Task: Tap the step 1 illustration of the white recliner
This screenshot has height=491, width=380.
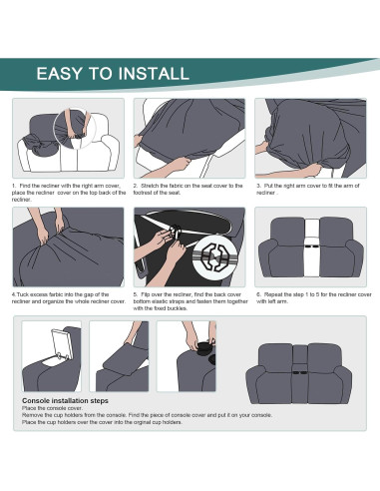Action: click(68, 138)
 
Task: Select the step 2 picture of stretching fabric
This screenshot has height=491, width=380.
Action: click(189, 138)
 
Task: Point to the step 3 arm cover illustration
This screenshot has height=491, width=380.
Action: click(310, 138)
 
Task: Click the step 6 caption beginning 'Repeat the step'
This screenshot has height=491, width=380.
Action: click(310, 298)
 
